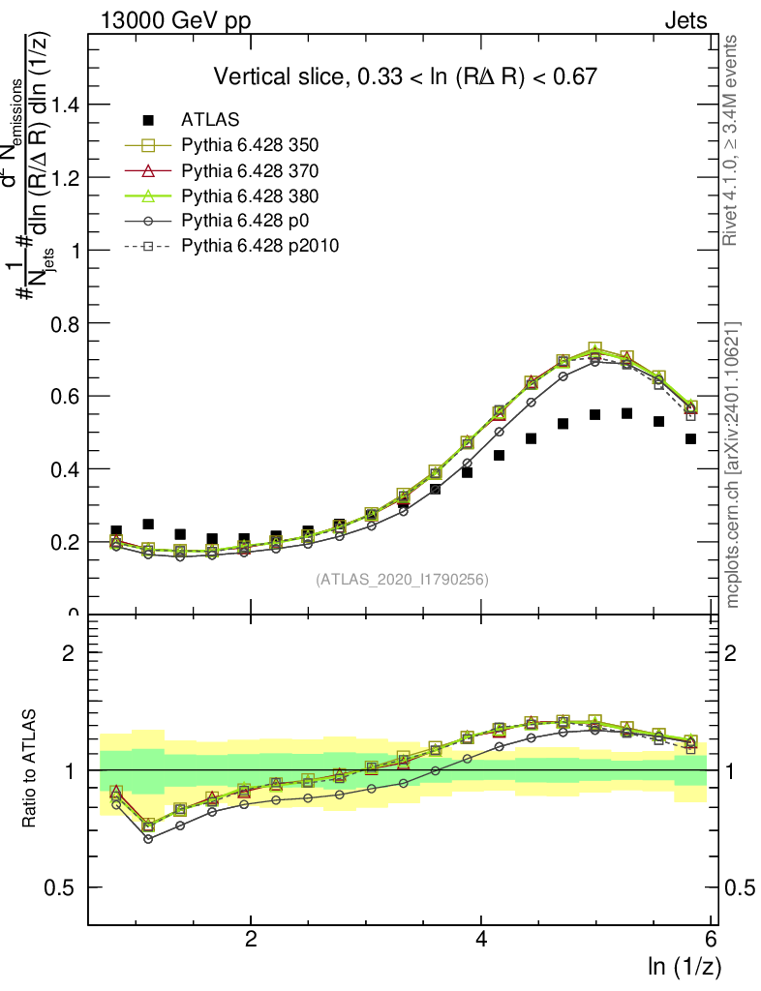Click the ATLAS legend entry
coord(210,120)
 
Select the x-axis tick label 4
coord(481,940)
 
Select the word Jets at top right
coord(685,21)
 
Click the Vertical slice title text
coord(405,76)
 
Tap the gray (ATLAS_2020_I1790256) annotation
coord(401,580)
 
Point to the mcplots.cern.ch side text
coord(733,465)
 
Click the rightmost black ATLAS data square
coord(691,438)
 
